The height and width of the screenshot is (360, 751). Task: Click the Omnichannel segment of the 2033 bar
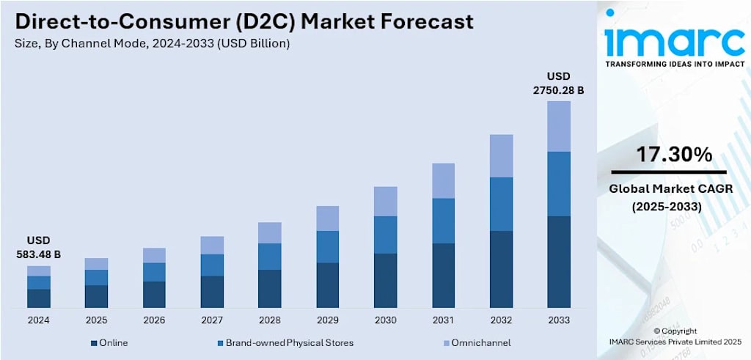coord(559,126)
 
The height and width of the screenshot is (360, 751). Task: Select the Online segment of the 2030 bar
coord(386,281)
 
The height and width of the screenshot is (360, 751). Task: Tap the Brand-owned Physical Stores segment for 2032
coord(501,205)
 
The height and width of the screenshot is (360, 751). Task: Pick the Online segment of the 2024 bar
coord(39,298)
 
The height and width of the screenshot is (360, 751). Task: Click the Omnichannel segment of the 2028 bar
coord(270,232)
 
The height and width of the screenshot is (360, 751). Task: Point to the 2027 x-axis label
coord(212,320)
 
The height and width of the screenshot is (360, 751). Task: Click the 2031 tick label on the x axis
coord(443,320)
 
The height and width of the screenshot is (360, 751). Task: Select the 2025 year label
coord(96,320)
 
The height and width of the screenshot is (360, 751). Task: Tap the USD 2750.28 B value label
coord(558,84)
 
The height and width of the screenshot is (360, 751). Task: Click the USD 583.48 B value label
coord(39,248)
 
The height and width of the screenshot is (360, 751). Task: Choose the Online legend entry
coord(109,342)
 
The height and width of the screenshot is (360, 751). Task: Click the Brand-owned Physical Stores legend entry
coord(285,342)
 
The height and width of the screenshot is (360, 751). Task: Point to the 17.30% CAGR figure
coord(674,155)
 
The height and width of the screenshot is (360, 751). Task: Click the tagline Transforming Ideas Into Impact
coord(675,64)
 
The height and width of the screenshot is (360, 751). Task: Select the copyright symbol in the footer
coord(657,331)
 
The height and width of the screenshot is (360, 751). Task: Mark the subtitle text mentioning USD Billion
coord(153,44)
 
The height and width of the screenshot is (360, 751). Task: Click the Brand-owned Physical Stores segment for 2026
coord(154,272)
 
